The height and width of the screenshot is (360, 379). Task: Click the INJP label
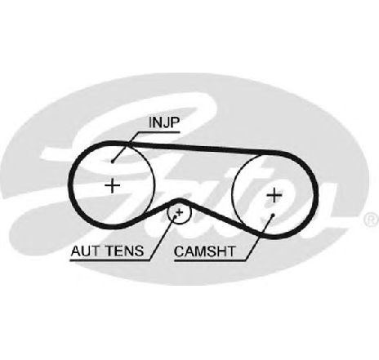[x=164, y=122]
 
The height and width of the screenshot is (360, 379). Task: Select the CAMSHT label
[x=204, y=251]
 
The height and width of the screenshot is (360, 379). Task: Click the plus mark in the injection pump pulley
[x=113, y=185]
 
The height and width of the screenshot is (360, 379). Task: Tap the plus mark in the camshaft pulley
[x=274, y=195]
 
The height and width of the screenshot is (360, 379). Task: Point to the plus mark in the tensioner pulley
[x=180, y=212]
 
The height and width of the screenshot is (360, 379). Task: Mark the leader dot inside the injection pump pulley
[x=112, y=162]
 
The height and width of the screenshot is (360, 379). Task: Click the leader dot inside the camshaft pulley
[x=273, y=216]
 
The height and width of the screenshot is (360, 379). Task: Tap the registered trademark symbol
[x=372, y=220]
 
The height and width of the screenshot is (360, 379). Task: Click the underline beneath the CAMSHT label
[x=210, y=261]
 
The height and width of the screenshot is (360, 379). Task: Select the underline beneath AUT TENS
[x=110, y=260]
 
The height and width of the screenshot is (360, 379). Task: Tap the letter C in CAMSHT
[x=180, y=251]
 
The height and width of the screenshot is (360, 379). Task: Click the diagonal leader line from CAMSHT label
[x=259, y=238]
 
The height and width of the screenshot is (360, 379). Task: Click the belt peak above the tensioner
[x=178, y=201]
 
